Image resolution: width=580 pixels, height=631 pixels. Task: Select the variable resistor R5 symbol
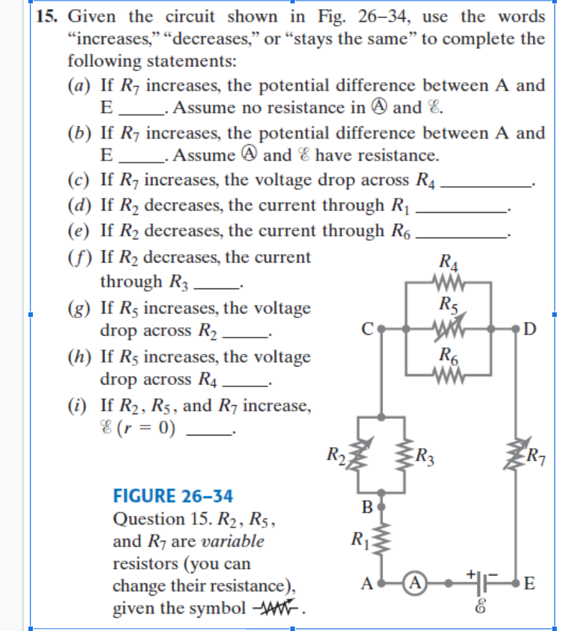pos(448,328)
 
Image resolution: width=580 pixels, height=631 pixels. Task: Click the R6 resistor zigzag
pos(448,374)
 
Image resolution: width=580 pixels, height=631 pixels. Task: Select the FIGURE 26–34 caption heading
pos(172,496)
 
